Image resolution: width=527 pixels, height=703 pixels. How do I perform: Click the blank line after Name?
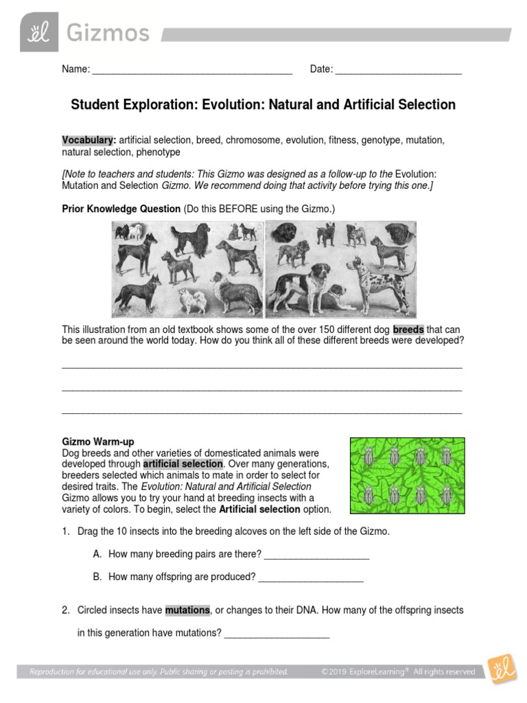coord(192,69)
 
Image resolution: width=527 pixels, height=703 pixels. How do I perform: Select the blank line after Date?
coord(398,69)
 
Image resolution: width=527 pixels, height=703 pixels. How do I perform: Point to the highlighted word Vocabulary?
coord(89,140)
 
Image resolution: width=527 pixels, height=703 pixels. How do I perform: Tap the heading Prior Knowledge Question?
coord(121,209)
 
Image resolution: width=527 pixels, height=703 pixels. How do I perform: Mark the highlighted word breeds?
coord(408,330)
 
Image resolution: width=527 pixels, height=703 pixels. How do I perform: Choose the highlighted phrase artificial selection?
coord(183,464)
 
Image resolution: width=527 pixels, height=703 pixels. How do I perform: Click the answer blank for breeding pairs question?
coord(316,555)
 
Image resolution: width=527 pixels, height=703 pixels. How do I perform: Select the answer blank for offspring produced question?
coord(309,577)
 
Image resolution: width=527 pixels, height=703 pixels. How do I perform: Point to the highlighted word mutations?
coord(187,610)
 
